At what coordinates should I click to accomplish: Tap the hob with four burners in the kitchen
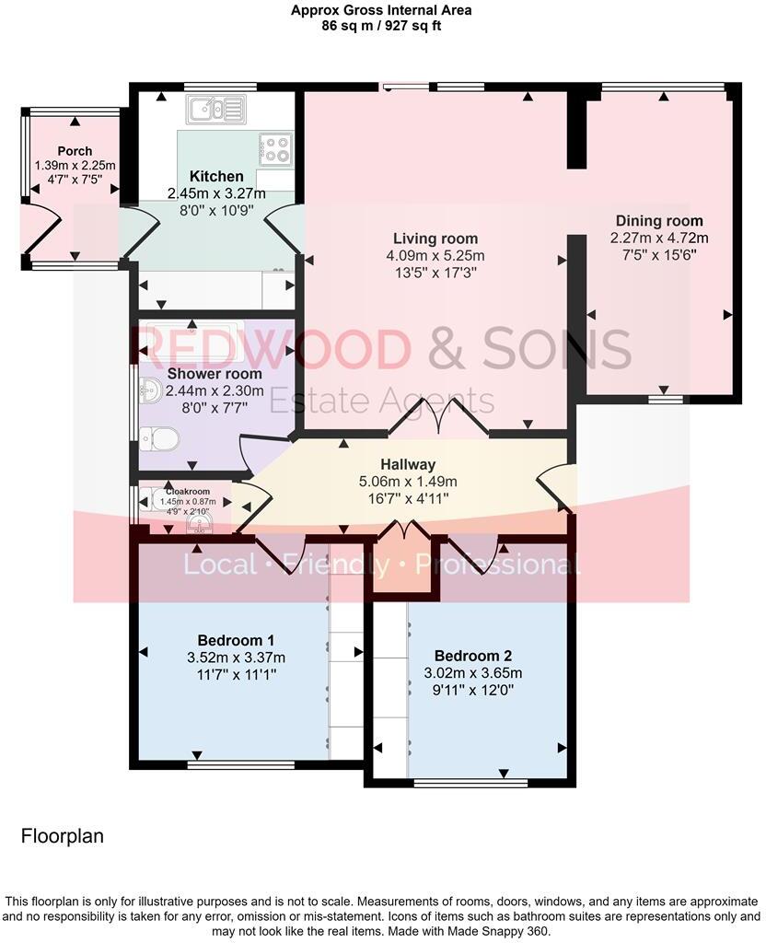pyautogui.click(x=275, y=148)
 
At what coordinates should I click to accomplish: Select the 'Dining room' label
pyautogui.click(x=659, y=220)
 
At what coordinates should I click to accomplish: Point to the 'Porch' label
pyautogui.click(x=75, y=151)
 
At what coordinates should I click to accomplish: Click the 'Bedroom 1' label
pyautogui.click(x=236, y=640)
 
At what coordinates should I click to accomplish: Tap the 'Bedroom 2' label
pyautogui.click(x=472, y=656)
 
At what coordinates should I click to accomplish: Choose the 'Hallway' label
pyautogui.click(x=409, y=464)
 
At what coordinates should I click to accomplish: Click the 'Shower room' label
pyautogui.click(x=214, y=374)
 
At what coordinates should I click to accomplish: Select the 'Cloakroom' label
pyautogui.click(x=188, y=492)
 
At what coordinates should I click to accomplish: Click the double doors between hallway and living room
pyautogui.click(x=437, y=419)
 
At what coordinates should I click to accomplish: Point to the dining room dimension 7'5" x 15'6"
pyautogui.click(x=659, y=253)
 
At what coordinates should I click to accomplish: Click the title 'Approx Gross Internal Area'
pyautogui.click(x=382, y=10)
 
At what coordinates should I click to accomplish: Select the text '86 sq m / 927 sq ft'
pyautogui.click(x=382, y=26)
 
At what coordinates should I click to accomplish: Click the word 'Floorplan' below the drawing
pyautogui.click(x=62, y=836)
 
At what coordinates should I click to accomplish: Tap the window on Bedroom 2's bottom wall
pyautogui.click(x=470, y=783)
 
